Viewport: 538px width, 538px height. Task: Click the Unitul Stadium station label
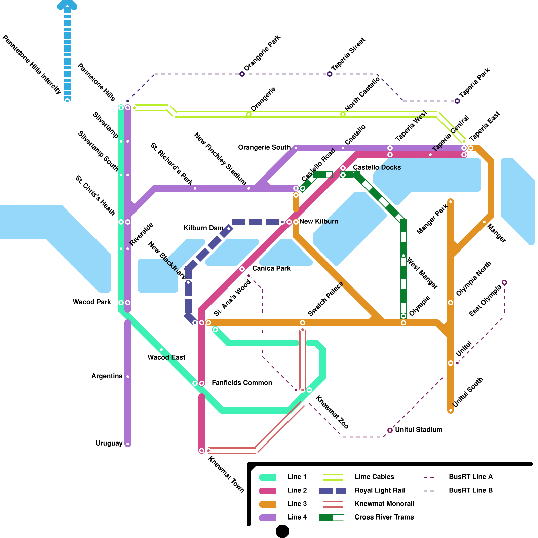pyautogui.click(x=418, y=430)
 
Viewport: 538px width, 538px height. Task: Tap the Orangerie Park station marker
pyautogui.click(x=242, y=74)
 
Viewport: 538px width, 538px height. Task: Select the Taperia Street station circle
pyautogui.click(x=330, y=74)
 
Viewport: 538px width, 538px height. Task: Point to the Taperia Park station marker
pyautogui.click(x=457, y=101)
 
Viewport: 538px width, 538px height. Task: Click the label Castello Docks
pyautogui.click(x=377, y=167)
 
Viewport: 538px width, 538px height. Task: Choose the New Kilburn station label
pyautogui.click(x=318, y=221)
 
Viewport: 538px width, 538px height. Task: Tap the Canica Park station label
pyautogui.click(x=271, y=268)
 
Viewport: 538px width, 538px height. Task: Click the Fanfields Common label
pyautogui.click(x=242, y=383)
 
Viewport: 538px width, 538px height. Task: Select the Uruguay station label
pyautogui.click(x=109, y=443)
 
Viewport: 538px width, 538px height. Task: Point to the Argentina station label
pyautogui.click(x=107, y=376)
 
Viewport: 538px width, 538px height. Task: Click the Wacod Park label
pyautogui.click(x=92, y=302)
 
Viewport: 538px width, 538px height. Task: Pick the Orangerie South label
pyautogui.click(x=264, y=147)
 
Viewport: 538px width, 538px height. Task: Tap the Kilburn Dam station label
pyautogui.click(x=203, y=228)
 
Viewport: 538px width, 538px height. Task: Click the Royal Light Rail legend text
pyautogui.click(x=380, y=490)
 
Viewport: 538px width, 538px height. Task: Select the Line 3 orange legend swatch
pyautogui.click(x=268, y=504)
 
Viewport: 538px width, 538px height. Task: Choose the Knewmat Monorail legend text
pyautogui.click(x=384, y=504)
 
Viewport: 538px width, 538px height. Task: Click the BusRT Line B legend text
pyautogui.click(x=471, y=490)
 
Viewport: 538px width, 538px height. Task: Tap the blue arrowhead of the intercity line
pyautogui.click(x=67, y=5)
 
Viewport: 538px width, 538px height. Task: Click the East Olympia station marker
pyautogui.click(x=504, y=282)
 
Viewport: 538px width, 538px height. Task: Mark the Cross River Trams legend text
pyautogui.click(x=384, y=517)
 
